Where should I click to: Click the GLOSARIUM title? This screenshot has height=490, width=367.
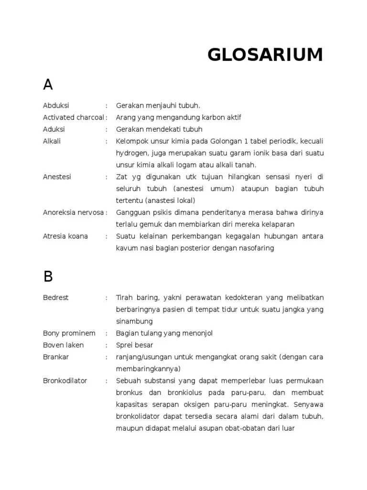click(265, 55)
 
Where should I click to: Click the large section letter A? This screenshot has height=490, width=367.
click(48, 85)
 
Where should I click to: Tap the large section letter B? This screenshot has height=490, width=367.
click(48, 277)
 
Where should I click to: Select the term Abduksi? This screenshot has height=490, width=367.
click(56, 106)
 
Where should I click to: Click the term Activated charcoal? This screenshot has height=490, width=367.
click(74, 118)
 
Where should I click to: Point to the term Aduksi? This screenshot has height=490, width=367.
click(54, 129)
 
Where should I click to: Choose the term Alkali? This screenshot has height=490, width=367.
click(52, 141)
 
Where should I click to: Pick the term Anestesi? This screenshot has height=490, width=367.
click(57, 177)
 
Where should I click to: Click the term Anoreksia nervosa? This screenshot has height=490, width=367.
click(74, 212)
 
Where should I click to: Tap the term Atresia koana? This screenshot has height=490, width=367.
click(65, 236)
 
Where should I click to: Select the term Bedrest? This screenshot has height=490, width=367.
click(56, 298)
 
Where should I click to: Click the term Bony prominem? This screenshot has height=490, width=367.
click(69, 333)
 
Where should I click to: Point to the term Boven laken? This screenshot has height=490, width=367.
click(64, 345)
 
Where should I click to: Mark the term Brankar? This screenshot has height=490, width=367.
click(56, 357)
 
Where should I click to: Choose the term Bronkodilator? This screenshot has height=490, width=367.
click(65, 381)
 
